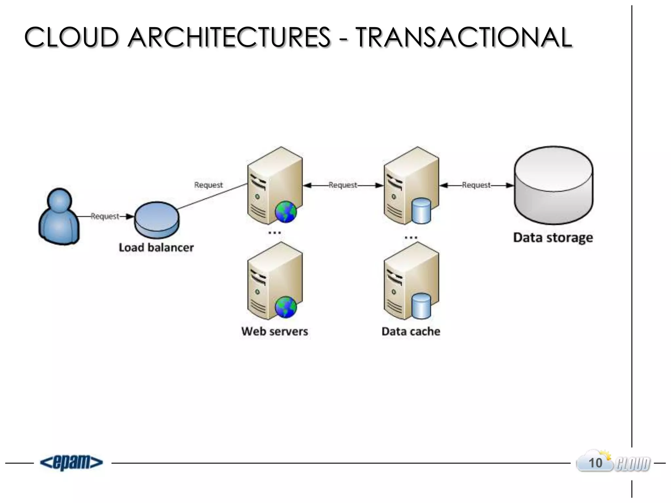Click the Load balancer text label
(x=156, y=248)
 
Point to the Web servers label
(x=275, y=331)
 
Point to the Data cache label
(x=411, y=331)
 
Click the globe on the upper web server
(x=286, y=212)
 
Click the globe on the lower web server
(x=286, y=307)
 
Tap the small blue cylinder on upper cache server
(x=421, y=211)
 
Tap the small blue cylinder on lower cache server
(x=421, y=306)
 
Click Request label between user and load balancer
(x=105, y=216)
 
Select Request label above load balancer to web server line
(x=208, y=185)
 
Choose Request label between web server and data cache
(x=343, y=185)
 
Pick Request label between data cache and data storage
(x=476, y=185)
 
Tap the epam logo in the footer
(x=71, y=463)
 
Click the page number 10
(x=595, y=463)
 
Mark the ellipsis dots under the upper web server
(x=275, y=233)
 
